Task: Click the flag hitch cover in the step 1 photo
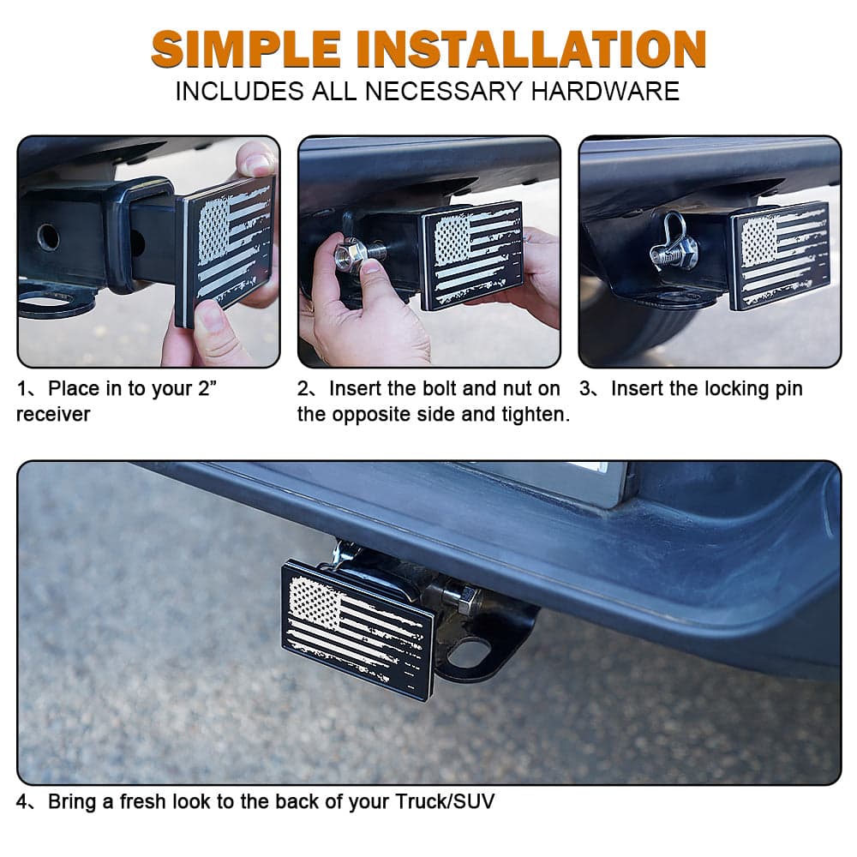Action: (x=227, y=249)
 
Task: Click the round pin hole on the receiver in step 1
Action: (x=49, y=237)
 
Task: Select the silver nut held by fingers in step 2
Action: (x=351, y=255)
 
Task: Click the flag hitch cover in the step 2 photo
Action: (x=471, y=255)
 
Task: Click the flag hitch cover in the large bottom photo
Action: (x=357, y=626)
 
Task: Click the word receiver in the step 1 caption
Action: (x=53, y=415)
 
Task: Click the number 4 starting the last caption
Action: (x=23, y=802)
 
